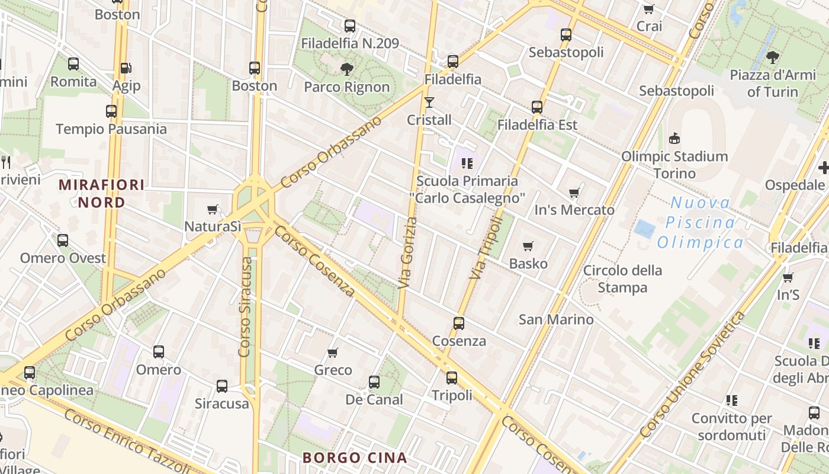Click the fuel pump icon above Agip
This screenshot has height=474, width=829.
pyautogui.click(x=126, y=68)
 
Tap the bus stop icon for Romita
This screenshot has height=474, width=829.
pyautogui.click(x=73, y=64)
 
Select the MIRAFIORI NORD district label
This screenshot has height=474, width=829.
pyautogui.click(x=102, y=194)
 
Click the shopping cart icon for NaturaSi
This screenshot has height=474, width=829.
pyautogui.click(x=213, y=209)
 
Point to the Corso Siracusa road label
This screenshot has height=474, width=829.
pyautogui.click(x=246, y=302)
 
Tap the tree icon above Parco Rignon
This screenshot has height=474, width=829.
pyautogui.click(x=347, y=69)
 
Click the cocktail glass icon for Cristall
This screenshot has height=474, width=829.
pyautogui.click(x=429, y=103)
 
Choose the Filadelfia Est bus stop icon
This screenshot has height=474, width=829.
pyautogui.click(x=537, y=107)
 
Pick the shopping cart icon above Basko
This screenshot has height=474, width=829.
pyautogui.click(x=528, y=246)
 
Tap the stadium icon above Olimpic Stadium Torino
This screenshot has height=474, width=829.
pyautogui.click(x=674, y=139)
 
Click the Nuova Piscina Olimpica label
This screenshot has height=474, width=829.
pyautogui.click(x=701, y=223)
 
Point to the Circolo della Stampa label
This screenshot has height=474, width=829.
pyautogui.click(x=622, y=279)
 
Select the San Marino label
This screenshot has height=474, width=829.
pyautogui.click(x=556, y=319)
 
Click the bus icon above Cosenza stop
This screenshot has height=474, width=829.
pyautogui.click(x=459, y=324)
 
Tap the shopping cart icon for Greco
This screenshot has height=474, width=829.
pyautogui.click(x=333, y=353)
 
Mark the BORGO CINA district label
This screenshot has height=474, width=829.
pyautogui.click(x=354, y=457)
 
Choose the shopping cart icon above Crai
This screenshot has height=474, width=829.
pyautogui.click(x=649, y=9)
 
